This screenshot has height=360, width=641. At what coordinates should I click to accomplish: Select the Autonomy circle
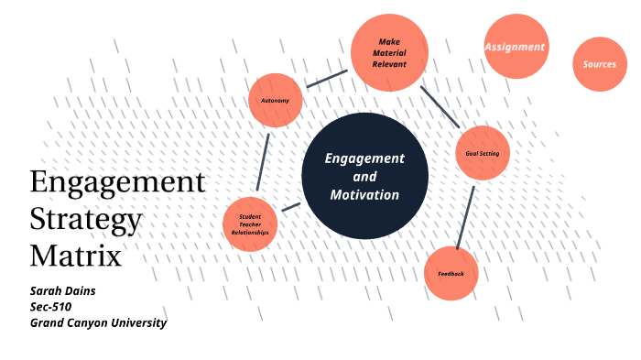click(276, 99)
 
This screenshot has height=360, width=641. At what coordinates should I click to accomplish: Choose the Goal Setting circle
click(482, 153)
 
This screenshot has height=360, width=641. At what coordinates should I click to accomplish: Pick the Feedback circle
click(451, 274)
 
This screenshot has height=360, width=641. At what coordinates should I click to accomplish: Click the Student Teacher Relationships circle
click(250, 223)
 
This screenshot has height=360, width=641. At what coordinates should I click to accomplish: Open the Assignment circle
click(515, 46)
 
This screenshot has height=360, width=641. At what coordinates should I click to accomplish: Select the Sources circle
click(600, 64)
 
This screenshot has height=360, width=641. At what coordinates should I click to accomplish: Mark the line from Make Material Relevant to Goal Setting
click(440, 106)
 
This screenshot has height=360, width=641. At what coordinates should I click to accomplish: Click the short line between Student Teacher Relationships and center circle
click(291, 207)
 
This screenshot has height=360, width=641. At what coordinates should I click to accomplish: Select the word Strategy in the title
click(86, 220)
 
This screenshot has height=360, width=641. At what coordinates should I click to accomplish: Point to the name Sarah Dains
click(63, 290)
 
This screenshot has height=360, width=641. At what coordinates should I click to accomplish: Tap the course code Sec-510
click(52, 306)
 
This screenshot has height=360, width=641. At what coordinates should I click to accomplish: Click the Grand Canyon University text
click(98, 322)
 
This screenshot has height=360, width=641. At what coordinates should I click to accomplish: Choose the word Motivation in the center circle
click(364, 194)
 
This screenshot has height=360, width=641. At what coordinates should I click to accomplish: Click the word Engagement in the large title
click(117, 182)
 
